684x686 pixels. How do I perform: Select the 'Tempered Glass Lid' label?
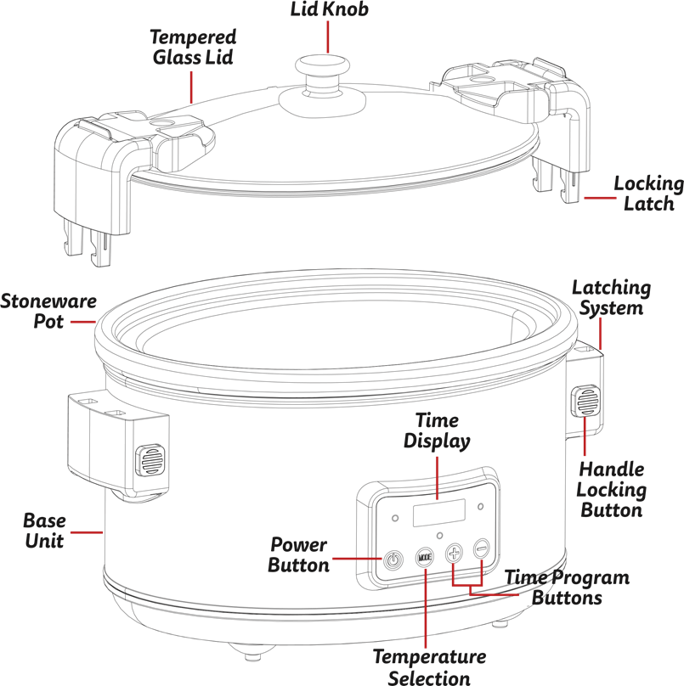(x=193, y=47)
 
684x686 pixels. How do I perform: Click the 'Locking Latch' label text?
(x=648, y=194)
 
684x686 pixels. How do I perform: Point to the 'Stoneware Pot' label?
(x=48, y=311)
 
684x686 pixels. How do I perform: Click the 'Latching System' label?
(x=611, y=297)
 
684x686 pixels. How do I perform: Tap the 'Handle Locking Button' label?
(x=611, y=489)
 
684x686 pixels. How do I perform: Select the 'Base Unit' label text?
(x=44, y=530)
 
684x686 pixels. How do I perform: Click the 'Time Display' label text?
(x=437, y=430)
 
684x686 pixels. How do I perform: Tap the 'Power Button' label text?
(x=298, y=554)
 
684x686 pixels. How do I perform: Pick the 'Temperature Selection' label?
(x=429, y=667)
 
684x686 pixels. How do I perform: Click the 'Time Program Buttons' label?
(x=568, y=588)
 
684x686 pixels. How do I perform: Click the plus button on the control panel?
(x=455, y=552)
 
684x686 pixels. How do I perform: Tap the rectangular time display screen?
(x=438, y=513)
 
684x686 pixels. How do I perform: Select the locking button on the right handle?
(x=585, y=401)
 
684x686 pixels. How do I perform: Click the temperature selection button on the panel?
(x=425, y=557)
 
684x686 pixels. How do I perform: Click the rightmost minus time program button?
(x=483, y=548)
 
